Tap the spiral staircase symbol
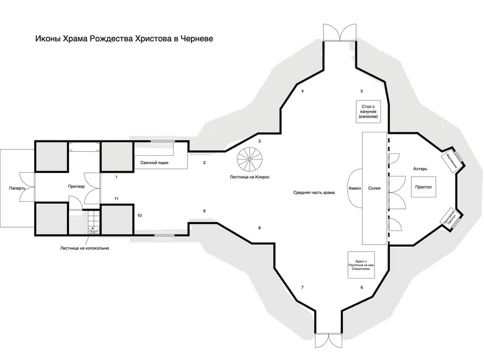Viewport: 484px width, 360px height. tap(250, 159)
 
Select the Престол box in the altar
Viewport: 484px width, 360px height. tap(423, 187)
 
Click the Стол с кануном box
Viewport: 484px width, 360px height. tap(368, 111)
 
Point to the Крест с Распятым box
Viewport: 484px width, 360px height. tap(361, 265)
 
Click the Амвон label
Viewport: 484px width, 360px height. tap(355, 188)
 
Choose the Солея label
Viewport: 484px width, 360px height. tap(374, 188)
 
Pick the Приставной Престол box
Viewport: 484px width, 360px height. tap(450, 219)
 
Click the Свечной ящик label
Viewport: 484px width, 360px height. tap(154, 163)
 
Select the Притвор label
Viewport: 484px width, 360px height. tap(76, 186)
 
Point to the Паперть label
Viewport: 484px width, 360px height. tap(17, 188)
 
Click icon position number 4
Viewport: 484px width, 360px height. tap(302, 91)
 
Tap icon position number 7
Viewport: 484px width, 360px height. tap(302, 287)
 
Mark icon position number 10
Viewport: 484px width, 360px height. tap(140, 216)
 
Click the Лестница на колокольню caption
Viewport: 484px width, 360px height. tap(84, 248)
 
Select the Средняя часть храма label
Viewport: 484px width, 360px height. tap(314, 193)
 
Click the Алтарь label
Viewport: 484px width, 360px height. tap(420, 169)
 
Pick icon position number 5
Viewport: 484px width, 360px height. tap(361, 91)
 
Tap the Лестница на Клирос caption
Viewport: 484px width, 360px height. tap(249, 177)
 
